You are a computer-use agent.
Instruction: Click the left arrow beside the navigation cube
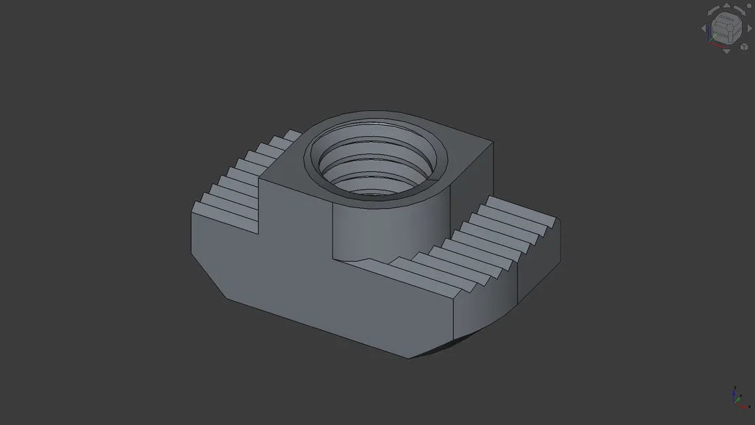705,29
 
